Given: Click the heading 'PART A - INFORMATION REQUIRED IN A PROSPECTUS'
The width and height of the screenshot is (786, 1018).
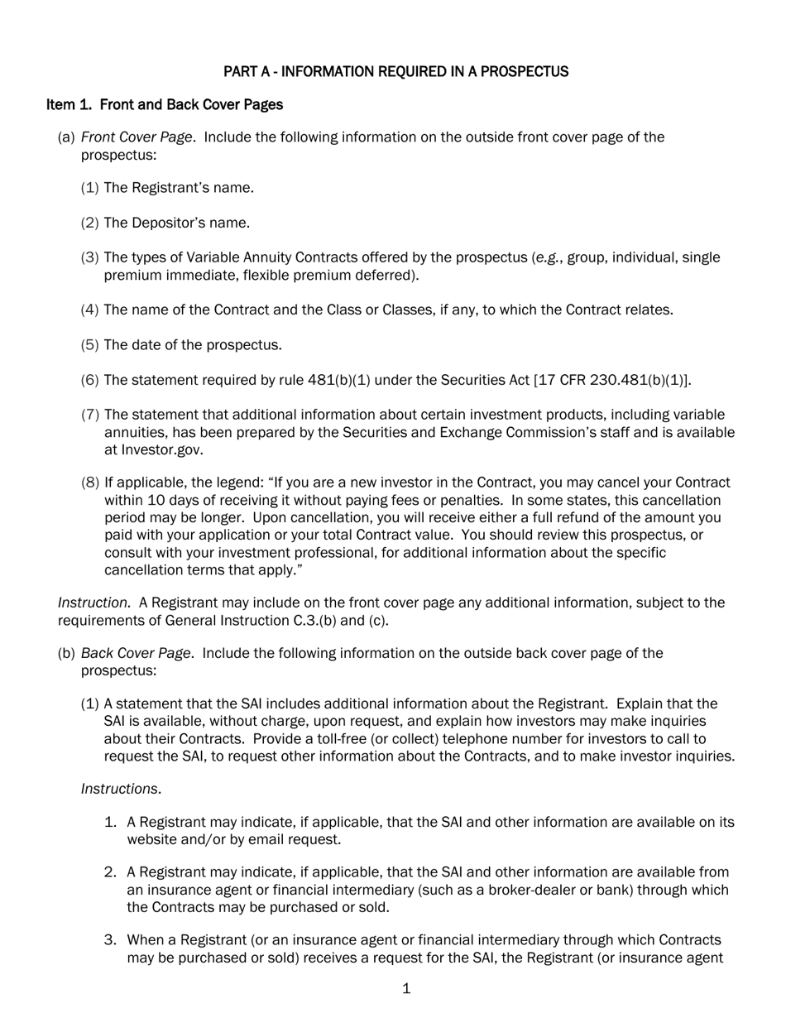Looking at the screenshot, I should [395, 72].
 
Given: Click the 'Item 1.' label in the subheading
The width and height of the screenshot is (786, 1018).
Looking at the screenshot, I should [70, 105].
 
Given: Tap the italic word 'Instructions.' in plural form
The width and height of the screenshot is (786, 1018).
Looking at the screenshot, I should [120, 790].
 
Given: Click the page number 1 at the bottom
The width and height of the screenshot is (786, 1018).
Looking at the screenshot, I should [405, 989].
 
